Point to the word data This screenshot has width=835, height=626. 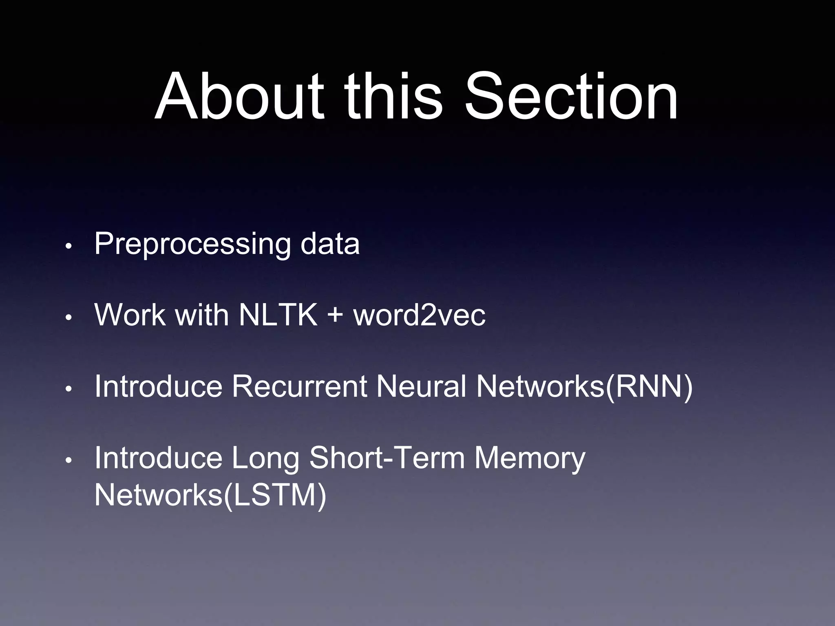330,244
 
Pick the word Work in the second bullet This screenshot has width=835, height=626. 130,315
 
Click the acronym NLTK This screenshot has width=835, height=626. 278,315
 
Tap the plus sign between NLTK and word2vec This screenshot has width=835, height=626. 335,315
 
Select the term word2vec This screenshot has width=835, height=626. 420,315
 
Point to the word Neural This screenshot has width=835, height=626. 421,386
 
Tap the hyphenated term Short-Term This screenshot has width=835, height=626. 387,457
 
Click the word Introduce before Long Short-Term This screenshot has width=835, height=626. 158,457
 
